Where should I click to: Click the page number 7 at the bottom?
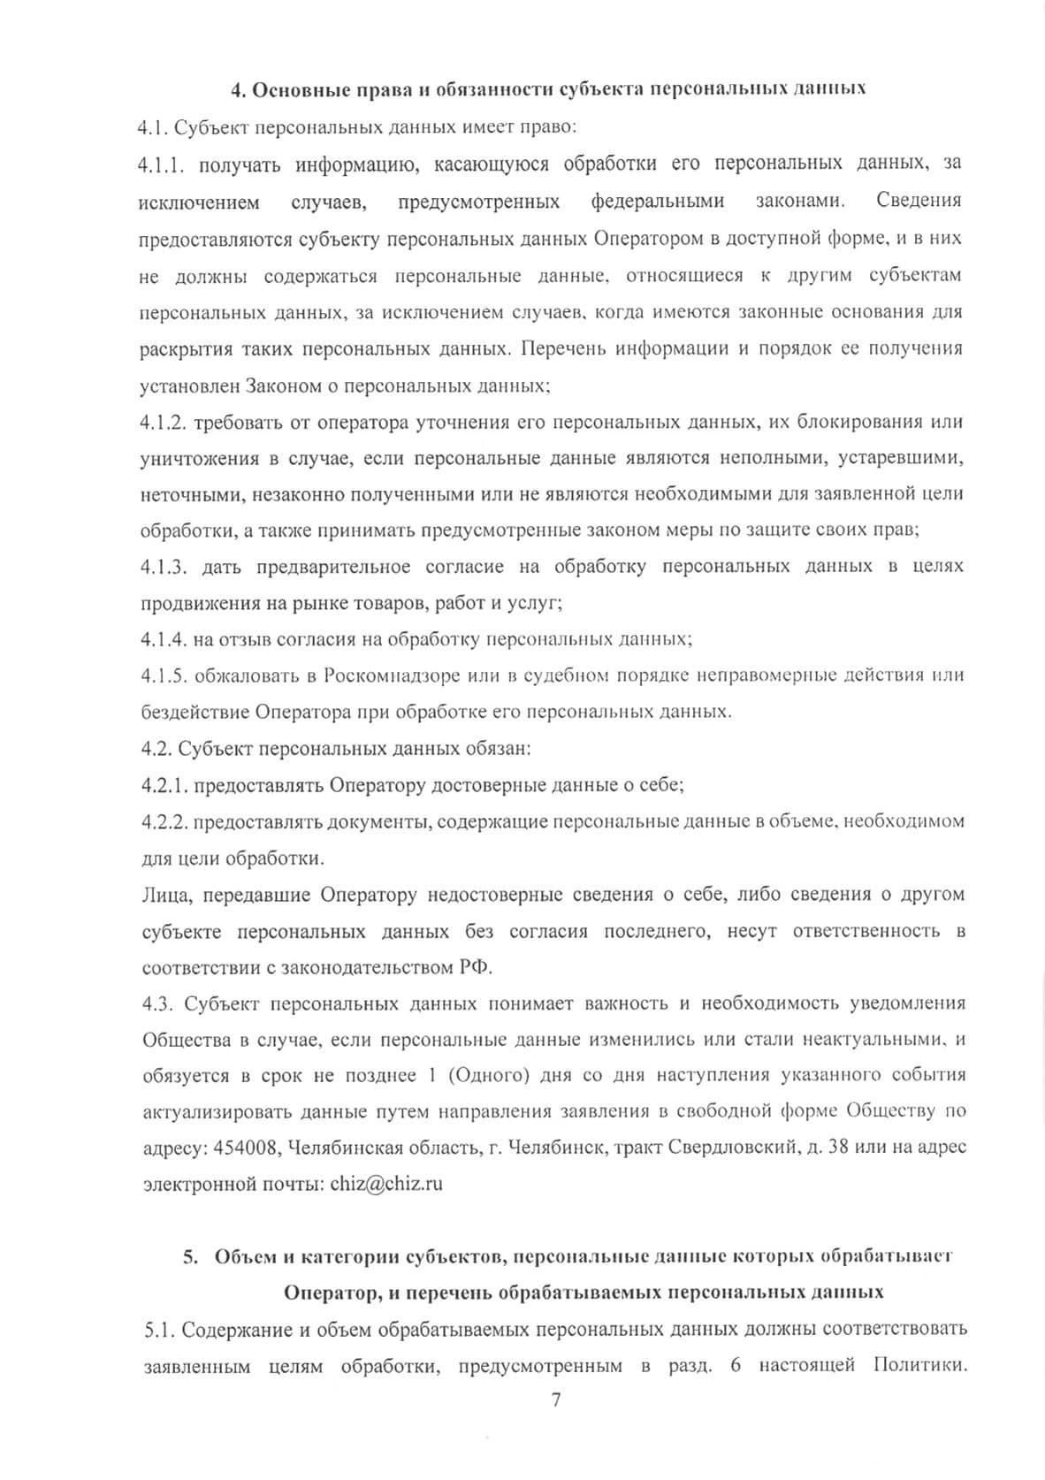click(556, 1400)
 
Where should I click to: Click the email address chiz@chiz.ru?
click(385, 1184)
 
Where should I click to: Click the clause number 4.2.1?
click(164, 785)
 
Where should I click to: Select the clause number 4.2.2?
click(164, 821)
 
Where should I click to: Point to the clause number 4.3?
click(157, 1003)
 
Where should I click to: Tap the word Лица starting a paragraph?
click(165, 895)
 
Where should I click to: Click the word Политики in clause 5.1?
click(919, 1366)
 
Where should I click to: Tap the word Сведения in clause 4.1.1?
click(919, 202)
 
